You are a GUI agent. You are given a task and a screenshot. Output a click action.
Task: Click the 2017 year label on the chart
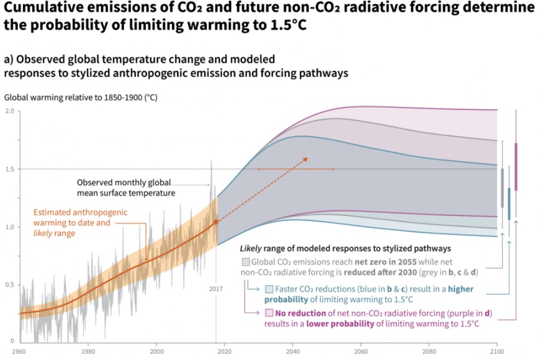coord(216,289)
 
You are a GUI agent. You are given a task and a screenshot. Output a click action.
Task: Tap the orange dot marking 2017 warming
coord(216,222)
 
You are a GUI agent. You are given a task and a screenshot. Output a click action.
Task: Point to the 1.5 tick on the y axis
coord(9,169)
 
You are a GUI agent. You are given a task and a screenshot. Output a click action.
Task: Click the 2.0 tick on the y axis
coord(9,111)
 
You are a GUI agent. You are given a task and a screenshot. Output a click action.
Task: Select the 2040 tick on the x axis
coord(292,352)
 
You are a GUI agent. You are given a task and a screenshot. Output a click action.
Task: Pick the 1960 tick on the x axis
coord(19,352)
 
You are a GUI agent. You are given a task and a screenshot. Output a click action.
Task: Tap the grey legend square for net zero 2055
coord(245,262)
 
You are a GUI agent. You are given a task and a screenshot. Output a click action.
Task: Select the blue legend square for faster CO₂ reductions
coord(269,289)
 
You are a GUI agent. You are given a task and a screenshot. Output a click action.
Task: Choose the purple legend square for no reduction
coord(269,313)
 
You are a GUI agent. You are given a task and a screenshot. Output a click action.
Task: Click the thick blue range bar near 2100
coord(509,204)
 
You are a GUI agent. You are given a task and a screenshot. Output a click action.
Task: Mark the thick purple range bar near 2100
coord(516,166)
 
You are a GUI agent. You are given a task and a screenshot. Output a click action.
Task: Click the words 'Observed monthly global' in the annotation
coord(123,183)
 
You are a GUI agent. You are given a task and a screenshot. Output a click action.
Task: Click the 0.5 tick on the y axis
coord(9,285)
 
